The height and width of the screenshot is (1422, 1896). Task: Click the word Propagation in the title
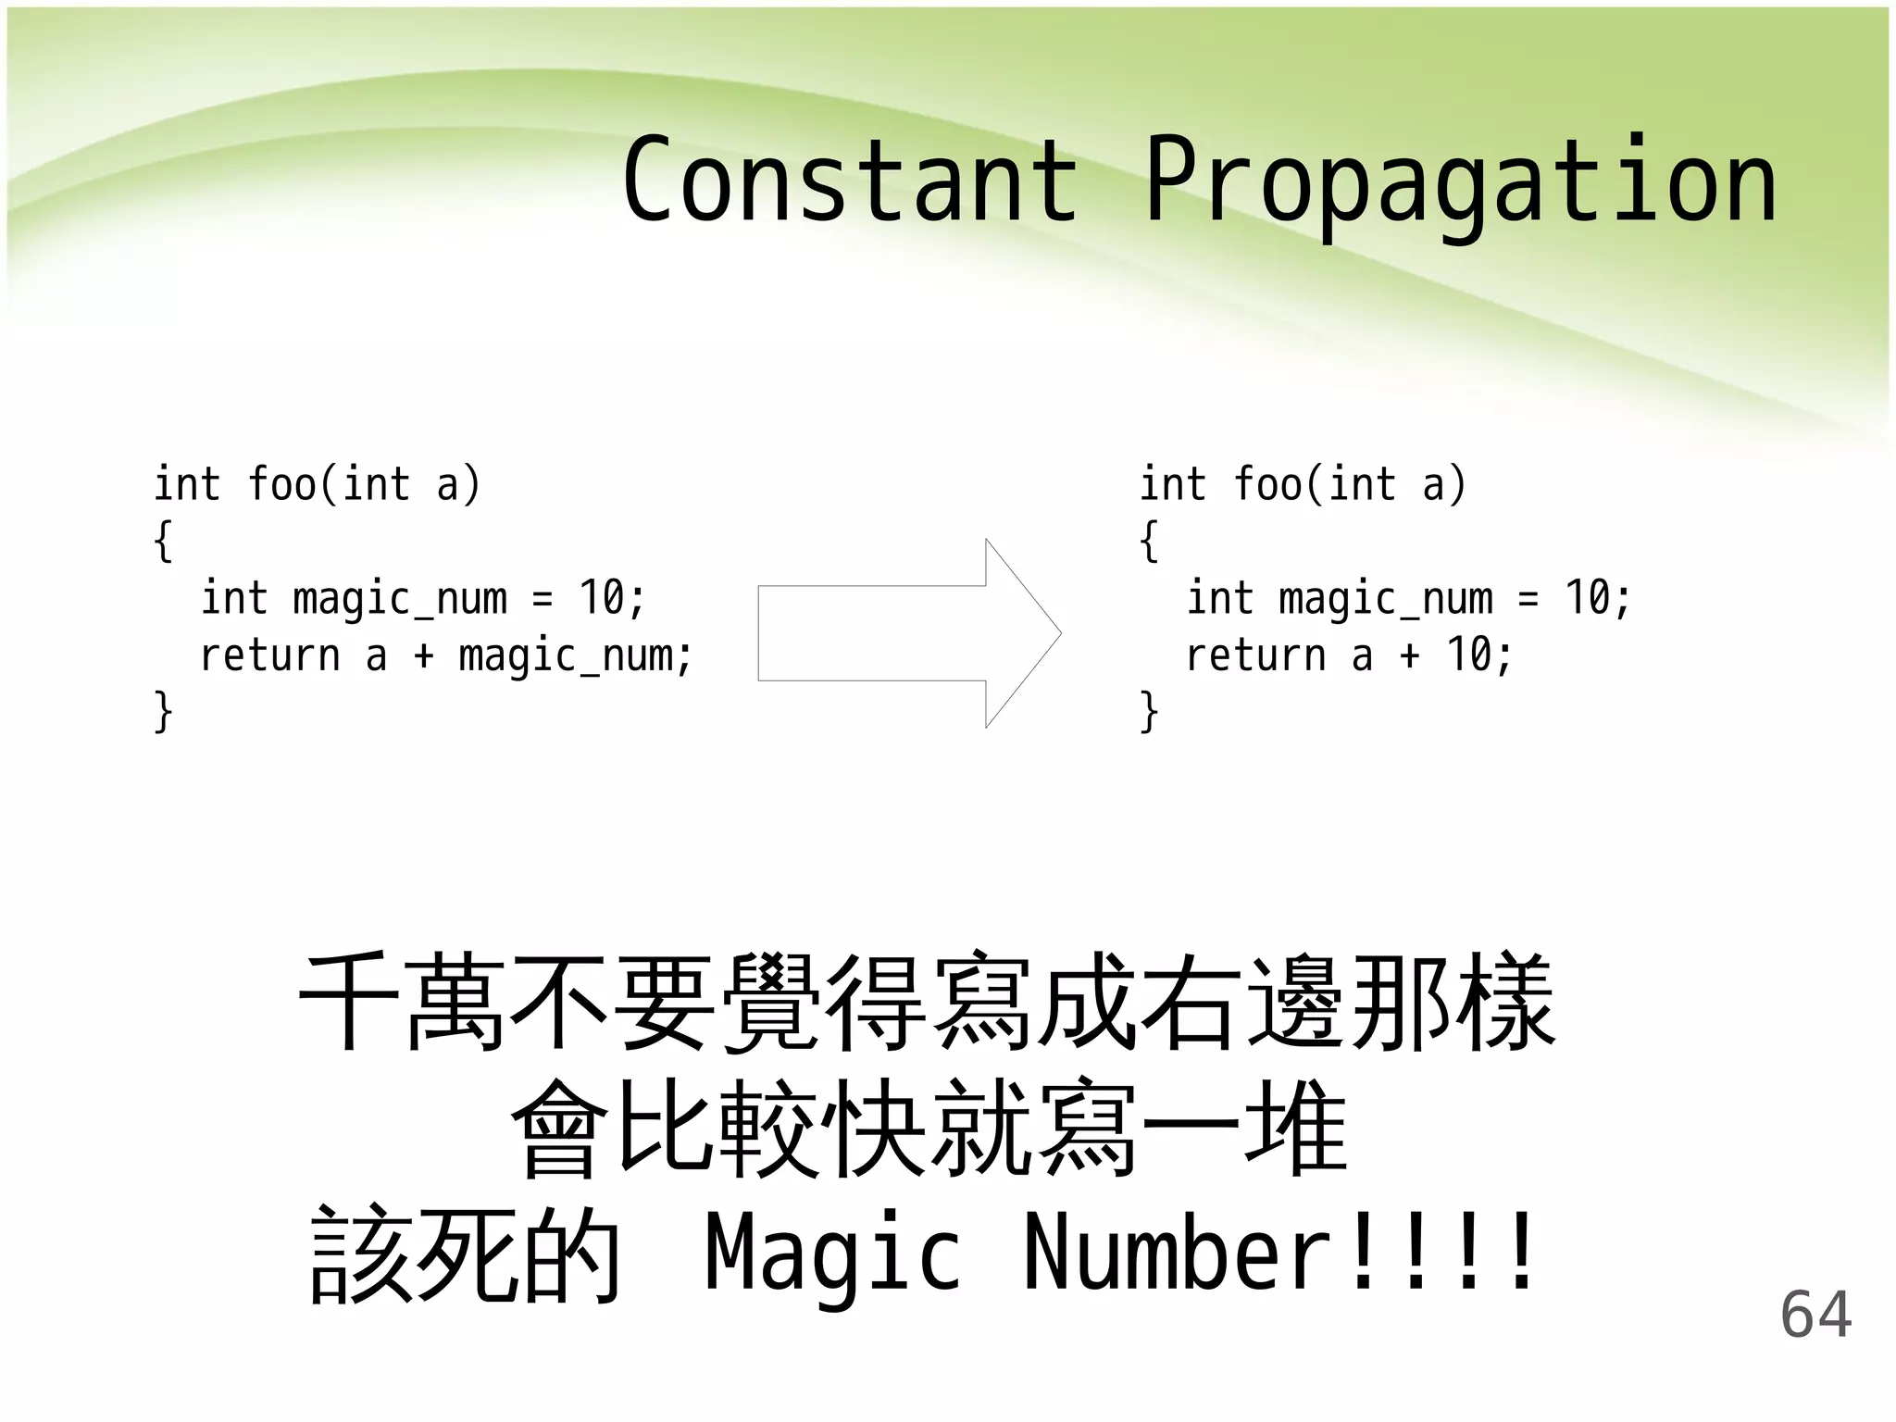point(1461,181)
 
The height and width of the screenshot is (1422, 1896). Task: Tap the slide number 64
point(1815,1315)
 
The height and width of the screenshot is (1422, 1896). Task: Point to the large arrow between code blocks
point(909,633)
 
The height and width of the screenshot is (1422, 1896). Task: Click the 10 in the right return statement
point(1468,655)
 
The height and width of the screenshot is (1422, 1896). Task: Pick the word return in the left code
point(269,655)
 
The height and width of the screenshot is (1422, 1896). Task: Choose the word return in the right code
point(1255,655)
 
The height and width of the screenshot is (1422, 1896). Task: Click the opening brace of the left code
point(164,541)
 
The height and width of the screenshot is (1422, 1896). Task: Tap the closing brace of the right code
point(1149,712)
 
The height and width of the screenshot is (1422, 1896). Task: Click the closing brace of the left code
point(164,712)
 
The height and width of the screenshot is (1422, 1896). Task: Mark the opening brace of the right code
point(1149,541)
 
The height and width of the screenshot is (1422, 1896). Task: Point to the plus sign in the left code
point(423,655)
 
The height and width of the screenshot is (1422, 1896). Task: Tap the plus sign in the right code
point(1409,655)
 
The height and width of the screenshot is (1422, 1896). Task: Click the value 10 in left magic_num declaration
point(602,598)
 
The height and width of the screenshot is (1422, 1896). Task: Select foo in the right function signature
point(1267,484)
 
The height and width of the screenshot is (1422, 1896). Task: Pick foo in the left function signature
point(281,484)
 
